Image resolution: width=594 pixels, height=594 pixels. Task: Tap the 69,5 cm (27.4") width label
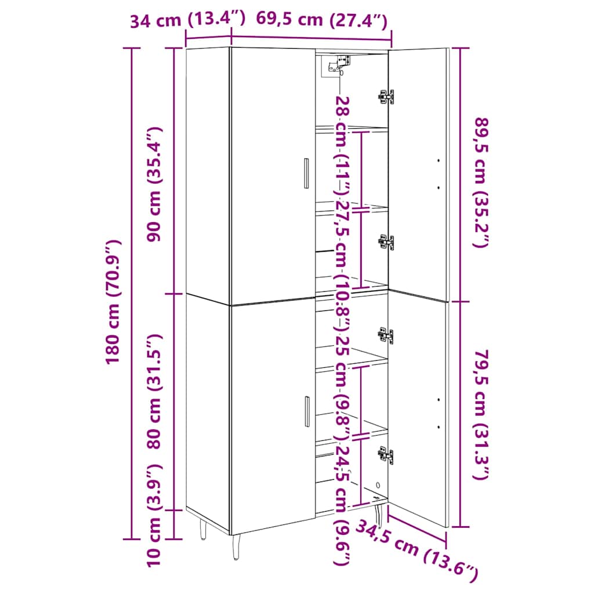(x=321, y=19)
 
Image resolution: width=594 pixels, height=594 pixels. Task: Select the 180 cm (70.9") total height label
(x=113, y=302)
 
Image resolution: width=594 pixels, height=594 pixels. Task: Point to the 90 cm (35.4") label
(x=154, y=184)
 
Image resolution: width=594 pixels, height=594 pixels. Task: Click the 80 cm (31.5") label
(x=154, y=392)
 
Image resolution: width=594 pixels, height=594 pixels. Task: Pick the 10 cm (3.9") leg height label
(x=154, y=515)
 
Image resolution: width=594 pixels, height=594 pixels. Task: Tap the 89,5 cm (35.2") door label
(x=482, y=183)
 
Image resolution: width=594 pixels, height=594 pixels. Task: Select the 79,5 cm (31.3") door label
(x=482, y=414)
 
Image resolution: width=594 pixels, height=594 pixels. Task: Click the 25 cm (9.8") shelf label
(x=342, y=383)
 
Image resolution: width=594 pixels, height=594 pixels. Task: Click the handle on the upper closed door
(x=306, y=173)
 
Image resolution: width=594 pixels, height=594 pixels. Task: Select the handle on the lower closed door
(x=307, y=411)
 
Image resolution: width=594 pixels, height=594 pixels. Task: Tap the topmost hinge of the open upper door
(x=386, y=97)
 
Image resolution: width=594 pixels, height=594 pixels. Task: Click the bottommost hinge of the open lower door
(x=386, y=454)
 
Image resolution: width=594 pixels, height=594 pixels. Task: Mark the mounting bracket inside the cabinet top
(x=335, y=66)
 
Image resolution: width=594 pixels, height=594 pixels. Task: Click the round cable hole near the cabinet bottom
(x=378, y=485)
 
